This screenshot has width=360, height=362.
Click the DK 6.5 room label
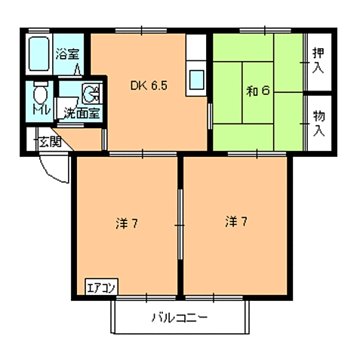[x=149, y=86]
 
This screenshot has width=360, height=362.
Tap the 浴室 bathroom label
[x=67, y=54]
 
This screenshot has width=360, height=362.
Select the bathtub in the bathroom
[x=38, y=54]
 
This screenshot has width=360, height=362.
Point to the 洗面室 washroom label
[x=82, y=113]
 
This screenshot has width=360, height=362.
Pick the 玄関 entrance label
[x=51, y=143]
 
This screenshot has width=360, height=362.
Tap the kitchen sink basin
[x=196, y=80]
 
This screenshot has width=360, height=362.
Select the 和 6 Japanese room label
[x=258, y=90]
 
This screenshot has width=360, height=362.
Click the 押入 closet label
[x=318, y=60]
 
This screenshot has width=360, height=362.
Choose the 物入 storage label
[x=318, y=124]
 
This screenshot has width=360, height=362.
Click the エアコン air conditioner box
[x=102, y=287]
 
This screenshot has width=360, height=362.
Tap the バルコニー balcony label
[x=180, y=318]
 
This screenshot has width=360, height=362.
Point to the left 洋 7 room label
[x=127, y=223]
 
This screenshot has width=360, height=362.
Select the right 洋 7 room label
[x=236, y=222]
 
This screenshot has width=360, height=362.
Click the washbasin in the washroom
[x=91, y=94]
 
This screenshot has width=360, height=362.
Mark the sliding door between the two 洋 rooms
[x=180, y=225]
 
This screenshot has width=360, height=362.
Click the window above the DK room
[x=141, y=31]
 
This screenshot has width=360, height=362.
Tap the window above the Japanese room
[x=265, y=31]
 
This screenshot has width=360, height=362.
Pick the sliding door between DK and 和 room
[x=210, y=116]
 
